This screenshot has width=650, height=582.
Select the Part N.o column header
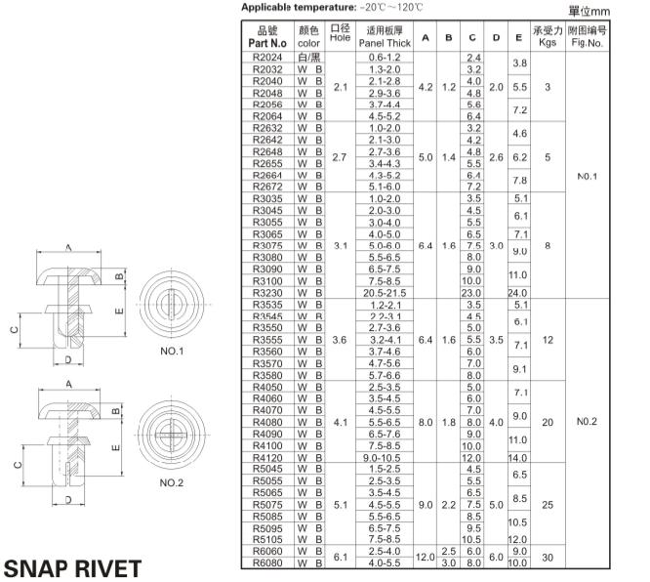267,38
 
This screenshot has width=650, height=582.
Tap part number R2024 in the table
266,59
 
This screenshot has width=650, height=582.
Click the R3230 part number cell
266,291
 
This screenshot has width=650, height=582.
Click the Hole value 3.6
340,340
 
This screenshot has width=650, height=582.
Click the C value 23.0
474,291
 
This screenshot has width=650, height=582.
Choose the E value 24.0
519,291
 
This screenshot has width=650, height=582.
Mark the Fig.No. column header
589,38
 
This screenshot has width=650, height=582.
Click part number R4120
266,456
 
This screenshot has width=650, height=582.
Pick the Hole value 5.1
340,505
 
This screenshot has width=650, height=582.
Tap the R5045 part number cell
266,469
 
